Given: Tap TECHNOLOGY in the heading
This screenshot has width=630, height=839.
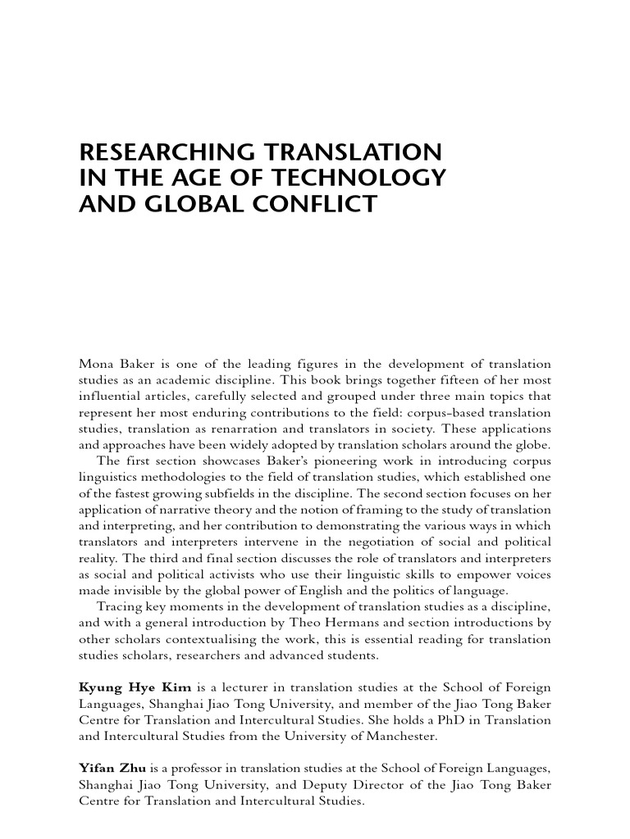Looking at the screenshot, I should pos(372,178).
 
